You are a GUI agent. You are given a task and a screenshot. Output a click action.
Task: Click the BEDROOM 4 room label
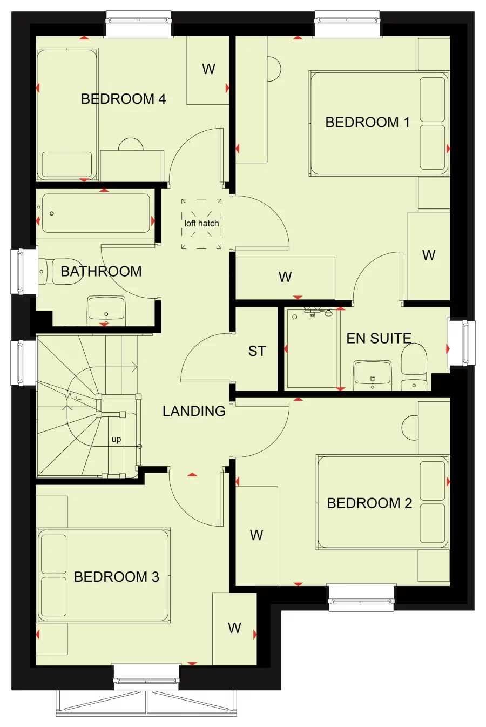(123, 99)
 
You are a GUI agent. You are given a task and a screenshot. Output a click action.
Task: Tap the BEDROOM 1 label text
(367, 123)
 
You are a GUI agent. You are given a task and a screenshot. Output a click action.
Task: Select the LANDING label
(194, 411)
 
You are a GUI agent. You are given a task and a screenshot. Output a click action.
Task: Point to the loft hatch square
(201, 224)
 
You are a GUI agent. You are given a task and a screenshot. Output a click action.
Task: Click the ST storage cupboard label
(257, 351)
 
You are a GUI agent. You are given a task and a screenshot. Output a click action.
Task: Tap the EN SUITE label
(379, 338)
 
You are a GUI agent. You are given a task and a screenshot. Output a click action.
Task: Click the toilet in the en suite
(414, 367)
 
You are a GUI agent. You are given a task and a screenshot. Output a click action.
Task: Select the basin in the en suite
(373, 375)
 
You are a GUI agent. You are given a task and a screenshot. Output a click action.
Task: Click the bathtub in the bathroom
(96, 213)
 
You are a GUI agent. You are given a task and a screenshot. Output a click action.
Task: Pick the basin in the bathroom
(106, 311)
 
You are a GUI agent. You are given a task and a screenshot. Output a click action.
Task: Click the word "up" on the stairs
(116, 440)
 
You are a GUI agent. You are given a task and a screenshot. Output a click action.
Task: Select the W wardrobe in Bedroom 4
(208, 70)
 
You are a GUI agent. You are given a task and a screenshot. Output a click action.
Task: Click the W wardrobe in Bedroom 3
(234, 628)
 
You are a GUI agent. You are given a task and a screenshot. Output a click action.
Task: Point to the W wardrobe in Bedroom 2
(256, 535)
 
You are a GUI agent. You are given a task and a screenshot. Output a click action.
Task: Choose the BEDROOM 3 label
(117, 577)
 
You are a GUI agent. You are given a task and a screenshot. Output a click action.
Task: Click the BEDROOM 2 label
(369, 503)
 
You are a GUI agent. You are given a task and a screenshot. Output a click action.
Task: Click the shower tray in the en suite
(312, 348)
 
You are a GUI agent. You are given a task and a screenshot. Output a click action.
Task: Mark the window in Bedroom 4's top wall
(139, 24)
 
